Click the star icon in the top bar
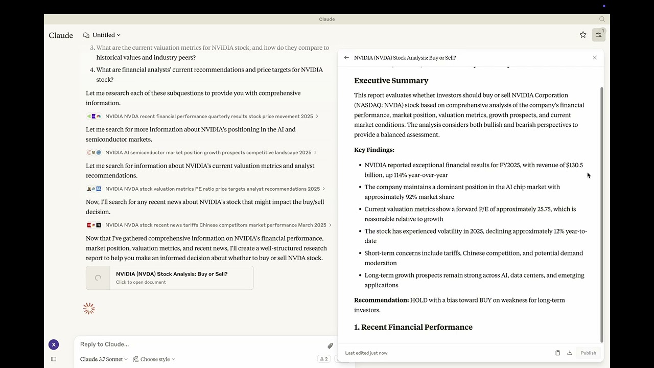tap(583, 35)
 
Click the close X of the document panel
tap(595, 58)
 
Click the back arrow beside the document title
tap(346, 58)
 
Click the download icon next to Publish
tap(570, 353)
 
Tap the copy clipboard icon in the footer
tap(557, 353)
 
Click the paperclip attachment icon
tap(330, 346)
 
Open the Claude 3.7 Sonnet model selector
tap(104, 359)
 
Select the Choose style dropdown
tap(154, 359)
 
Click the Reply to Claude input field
tap(199, 344)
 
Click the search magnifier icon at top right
tap(602, 19)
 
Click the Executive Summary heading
tap(391, 81)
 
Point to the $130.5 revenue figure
tap(574, 165)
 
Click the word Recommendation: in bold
tap(381, 300)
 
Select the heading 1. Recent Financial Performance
tap(413, 327)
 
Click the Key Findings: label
tap(374, 150)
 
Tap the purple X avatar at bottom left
tap(54, 344)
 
